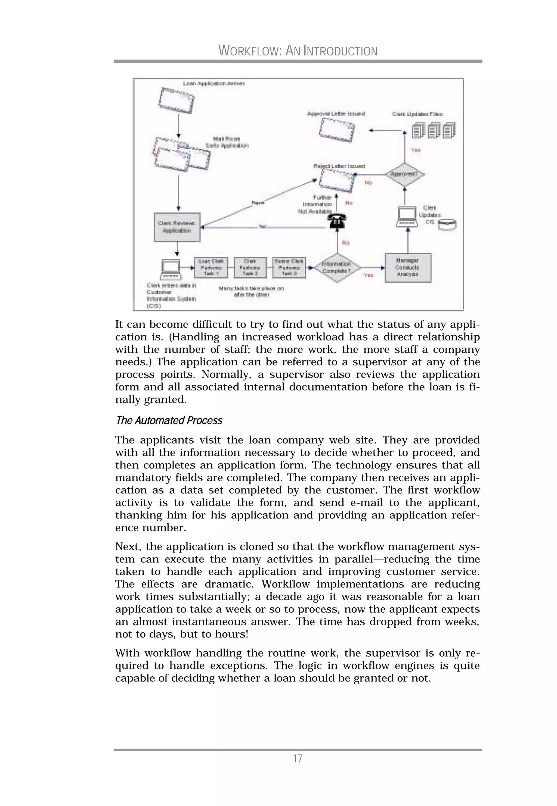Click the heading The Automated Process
pos(169,420)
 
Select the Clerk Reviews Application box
pos(177,227)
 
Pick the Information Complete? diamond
pos(337,267)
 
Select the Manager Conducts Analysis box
pos(408,267)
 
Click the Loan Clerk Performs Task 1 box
pos(211,267)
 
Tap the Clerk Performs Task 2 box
pos(250,267)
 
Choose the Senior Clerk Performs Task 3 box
pos(289,267)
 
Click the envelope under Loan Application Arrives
pos(176,101)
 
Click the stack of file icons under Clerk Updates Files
pos(434,130)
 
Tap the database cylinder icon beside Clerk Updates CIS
pos(447,224)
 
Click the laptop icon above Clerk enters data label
pos(171,269)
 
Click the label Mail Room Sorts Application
pos(227,142)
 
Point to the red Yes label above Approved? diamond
pos(416,150)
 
